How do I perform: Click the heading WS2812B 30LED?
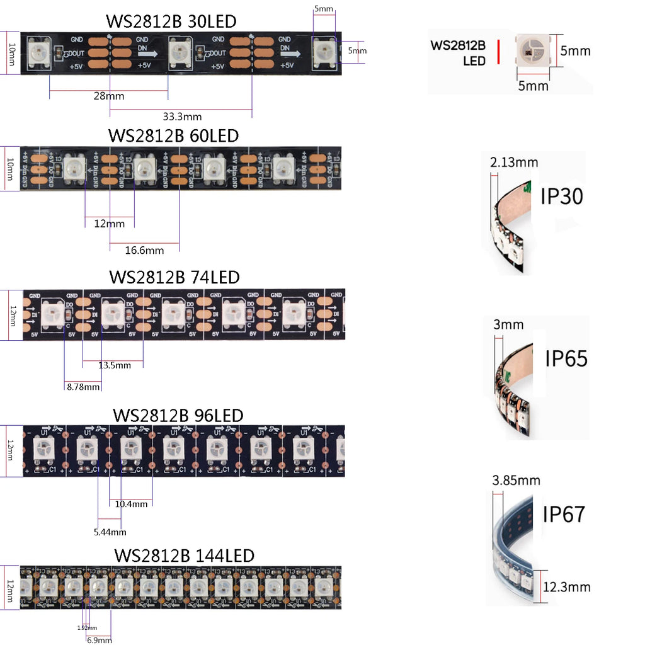pyautogui.click(x=171, y=21)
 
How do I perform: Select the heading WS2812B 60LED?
pyautogui.click(x=173, y=135)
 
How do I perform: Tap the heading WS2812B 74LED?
pyautogui.click(x=174, y=277)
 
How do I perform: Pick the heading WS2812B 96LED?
pyautogui.click(x=178, y=416)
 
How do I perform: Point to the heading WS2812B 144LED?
pyautogui.click(x=184, y=556)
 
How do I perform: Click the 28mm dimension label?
pyautogui.click(x=108, y=96)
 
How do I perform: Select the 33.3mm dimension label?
pyautogui.click(x=182, y=116)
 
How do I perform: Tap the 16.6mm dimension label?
pyautogui.click(x=144, y=250)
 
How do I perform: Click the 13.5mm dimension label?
pyautogui.click(x=115, y=365)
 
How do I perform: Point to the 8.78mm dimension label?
pyautogui.click(x=83, y=387)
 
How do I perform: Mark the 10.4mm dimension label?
pyautogui.click(x=131, y=503)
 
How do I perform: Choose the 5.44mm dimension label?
pyautogui.click(x=110, y=532)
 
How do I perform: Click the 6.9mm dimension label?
pyautogui.click(x=98, y=639)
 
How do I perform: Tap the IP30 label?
pyautogui.click(x=561, y=197)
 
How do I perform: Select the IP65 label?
pyautogui.click(x=566, y=358)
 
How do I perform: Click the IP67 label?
pyautogui.click(x=564, y=514)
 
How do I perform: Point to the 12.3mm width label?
pyautogui.click(x=566, y=587)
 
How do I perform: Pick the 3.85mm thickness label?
pyautogui.click(x=515, y=481)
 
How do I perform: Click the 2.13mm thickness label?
pyautogui.click(x=513, y=163)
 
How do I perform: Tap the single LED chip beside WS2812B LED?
pyautogui.click(x=532, y=49)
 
